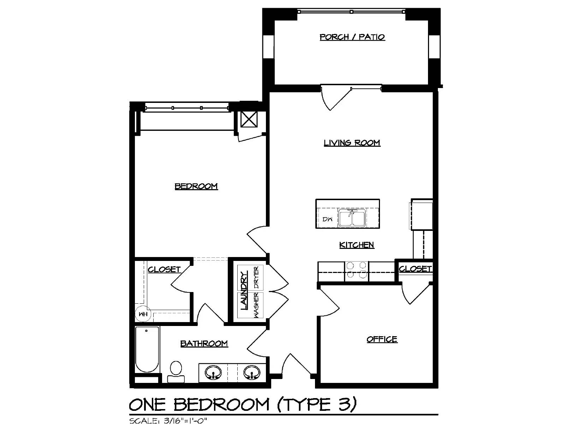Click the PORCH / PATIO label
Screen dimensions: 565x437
[x=352, y=37]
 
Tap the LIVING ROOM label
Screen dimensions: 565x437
[x=352, y=142]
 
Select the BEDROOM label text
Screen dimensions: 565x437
[x=196, y=186]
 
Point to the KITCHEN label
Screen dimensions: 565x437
[x=357, y=245]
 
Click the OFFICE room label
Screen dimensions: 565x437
[x=382, y=339]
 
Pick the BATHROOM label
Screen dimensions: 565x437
[x=204, y=344]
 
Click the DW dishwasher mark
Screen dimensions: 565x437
[x=327, y=219]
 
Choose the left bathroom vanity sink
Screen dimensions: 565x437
[x=213, y=373]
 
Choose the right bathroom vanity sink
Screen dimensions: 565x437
[x=252, y=373]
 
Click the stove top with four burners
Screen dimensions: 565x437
[x=356, y=271]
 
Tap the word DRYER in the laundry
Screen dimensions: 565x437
[x=257, y=278]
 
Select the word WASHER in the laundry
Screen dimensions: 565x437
[x=257, y=305]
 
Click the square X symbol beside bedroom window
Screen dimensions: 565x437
[x=249, y=120]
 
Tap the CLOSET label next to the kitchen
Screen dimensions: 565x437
[x=415, y=269]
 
